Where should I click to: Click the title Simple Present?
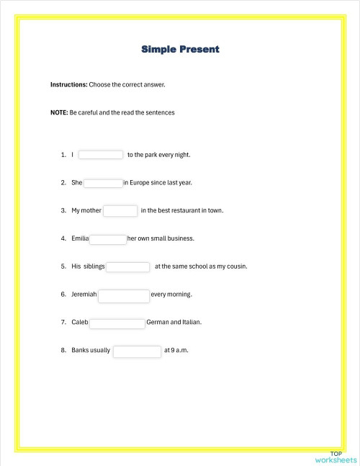tap(180, 49)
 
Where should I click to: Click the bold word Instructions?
tap(68, 85)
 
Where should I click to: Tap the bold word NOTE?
tap(59, 113)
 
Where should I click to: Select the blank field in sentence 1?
tap(101, 154)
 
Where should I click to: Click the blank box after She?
tap(103, 183)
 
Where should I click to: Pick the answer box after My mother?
tap(120, 211)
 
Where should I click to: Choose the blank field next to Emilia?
tap(108, 239)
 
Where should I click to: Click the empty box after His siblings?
tap(128, 267)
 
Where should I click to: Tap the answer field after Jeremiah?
tap(123, 295)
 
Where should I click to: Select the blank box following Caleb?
tap(117, 323)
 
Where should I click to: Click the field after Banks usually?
tap(137, 351)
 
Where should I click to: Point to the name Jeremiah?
tap(84, 295)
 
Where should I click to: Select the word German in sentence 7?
tap(158, 323)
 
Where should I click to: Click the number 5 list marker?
tap(63, 266)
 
